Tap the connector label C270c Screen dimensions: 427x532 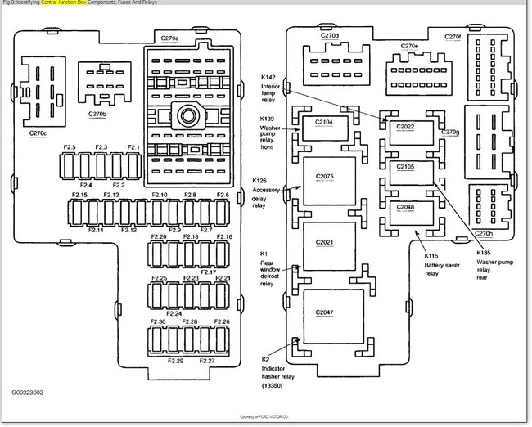(x=38, y=133)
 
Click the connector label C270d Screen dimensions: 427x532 (x=330, y=37)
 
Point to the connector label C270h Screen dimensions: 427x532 (x=484, y=233)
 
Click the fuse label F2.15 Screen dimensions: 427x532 (x=79, y=195)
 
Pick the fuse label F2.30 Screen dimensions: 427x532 (x=159, y=321)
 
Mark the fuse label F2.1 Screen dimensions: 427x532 (x=133, y=147)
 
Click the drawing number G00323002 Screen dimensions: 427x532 (x=28, y=393)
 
